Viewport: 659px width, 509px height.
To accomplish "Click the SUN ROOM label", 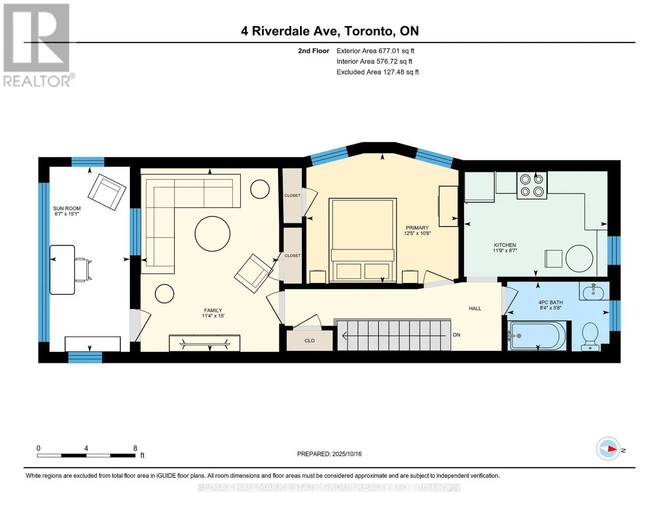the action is (67, 208).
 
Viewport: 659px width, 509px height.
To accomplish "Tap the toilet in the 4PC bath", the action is (590, 336).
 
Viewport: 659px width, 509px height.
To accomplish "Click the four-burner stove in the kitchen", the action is (532, 185).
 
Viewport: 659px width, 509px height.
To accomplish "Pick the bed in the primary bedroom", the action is (363, 241).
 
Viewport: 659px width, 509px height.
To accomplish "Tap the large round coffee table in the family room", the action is (212, 234).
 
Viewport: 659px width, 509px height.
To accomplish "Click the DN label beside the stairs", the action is (457, 335).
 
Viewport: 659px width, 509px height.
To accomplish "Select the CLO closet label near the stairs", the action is (310, 341).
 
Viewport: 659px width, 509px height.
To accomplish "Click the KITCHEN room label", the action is (505, 245).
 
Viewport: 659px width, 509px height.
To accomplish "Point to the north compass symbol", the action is (608, 449).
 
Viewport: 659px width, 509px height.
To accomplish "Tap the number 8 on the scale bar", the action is (135, 448).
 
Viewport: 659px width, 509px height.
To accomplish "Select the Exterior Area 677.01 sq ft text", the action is (376, 51).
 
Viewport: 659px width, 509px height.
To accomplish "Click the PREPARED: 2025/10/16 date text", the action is (329, 454).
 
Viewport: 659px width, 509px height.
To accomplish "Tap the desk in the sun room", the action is (62, 269).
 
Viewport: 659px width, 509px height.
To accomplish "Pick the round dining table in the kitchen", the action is (579, 259).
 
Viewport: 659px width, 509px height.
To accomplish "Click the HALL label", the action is (475, 308).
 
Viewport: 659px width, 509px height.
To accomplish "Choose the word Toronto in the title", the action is (368, 31).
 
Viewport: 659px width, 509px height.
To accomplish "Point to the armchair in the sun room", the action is (107, 192).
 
